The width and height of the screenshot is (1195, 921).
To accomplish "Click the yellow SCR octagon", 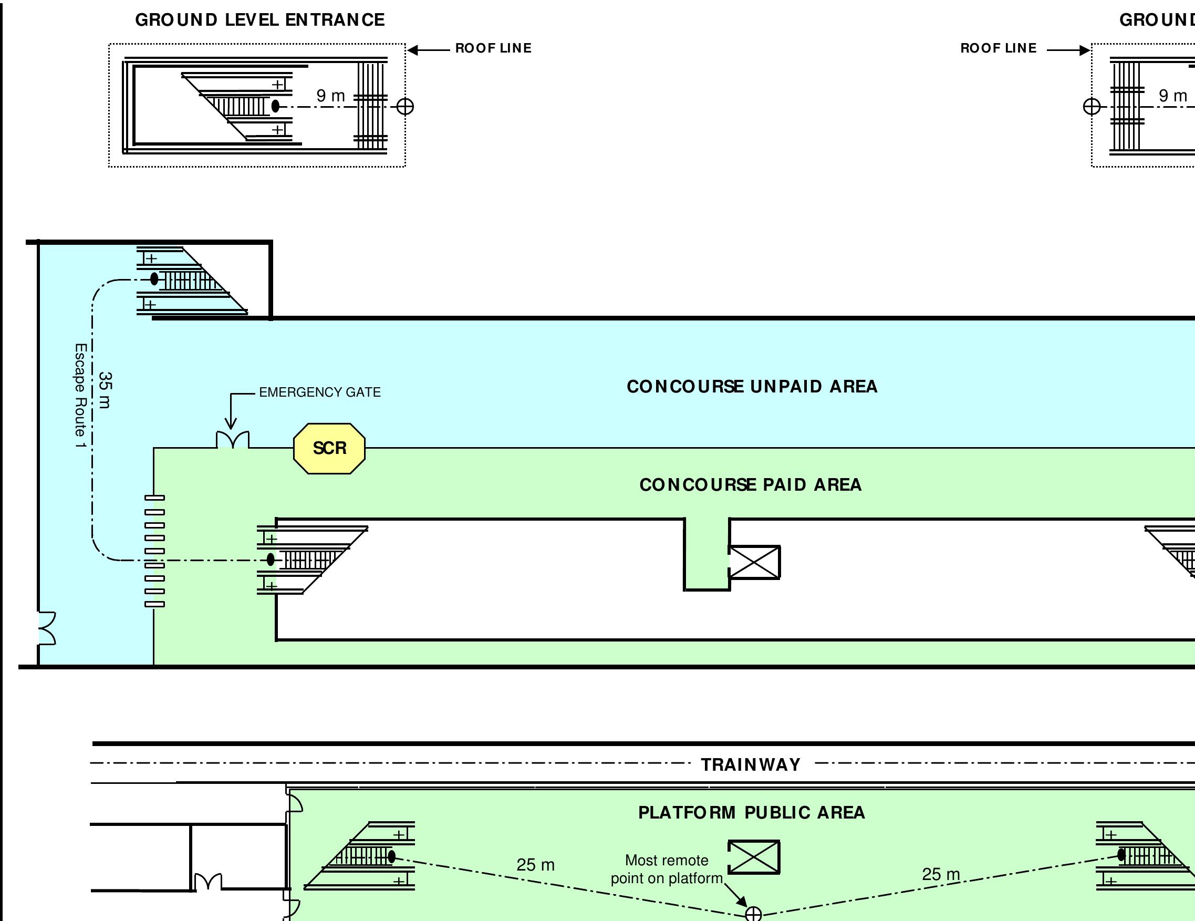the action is pyautogui.click(x=329, y=448).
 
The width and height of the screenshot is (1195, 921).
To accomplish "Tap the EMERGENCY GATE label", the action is pyautogui.click(x=319, y=392).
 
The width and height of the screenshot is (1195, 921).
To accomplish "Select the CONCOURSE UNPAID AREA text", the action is pyautogui.click(x=752, y=386).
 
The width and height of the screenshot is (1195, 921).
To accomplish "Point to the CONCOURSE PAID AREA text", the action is pyautogui.click(x=750, y=484).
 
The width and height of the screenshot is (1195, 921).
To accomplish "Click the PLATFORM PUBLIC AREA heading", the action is pyautogui.click(x=751, y=812).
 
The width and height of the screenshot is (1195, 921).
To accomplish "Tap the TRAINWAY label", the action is pyautogui.click(x=751, y=764).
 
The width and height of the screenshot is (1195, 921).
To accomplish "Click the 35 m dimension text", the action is pyautogui.click(x=105, y=390).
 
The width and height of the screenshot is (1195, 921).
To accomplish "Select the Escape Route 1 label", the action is pyautogui.click(x=80, y=396).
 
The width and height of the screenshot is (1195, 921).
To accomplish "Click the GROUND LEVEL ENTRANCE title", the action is pyautogui.click(x=260, y=19).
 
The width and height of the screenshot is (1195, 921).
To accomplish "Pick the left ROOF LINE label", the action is pyautogui.click(x=493, y=48).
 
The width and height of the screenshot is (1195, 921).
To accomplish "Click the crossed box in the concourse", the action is pyautogui.click(x=754, y=562).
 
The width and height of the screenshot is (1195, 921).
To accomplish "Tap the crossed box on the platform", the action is pyautogui.click(x=753, y=857).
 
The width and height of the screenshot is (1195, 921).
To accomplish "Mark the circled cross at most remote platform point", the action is pyautogui.click(x=753, y=914).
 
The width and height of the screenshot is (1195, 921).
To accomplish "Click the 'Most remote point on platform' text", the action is pyautogui.click(x=667, y=869).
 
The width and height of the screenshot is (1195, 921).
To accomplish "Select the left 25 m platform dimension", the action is pyautogui.click(x=535, y=865).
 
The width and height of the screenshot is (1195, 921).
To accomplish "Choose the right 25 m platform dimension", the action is pyautogui.click(x=941, y=874).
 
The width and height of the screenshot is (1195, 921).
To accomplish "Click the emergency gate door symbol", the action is pyautogui.click(x=233, y=440).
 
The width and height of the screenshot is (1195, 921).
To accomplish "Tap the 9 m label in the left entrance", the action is pyautogui.click(x=330, y=96).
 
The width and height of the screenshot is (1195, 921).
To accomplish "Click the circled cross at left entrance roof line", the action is pyautogui.click(x=405, y=106).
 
